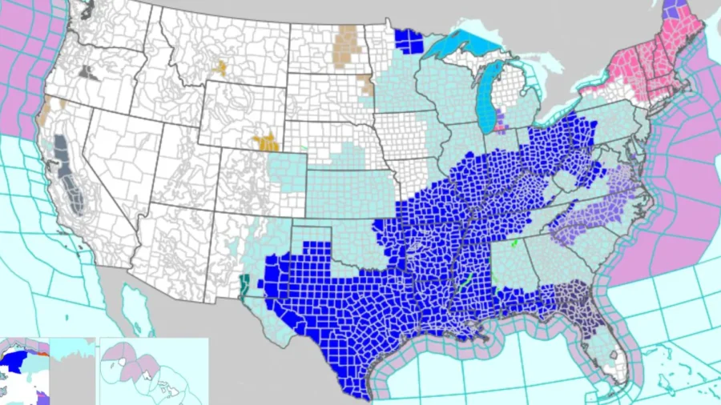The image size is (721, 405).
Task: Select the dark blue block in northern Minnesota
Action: pos(409,41)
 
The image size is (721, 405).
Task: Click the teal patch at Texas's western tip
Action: pos(244,284)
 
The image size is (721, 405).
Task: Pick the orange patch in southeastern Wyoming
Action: pos(266,142)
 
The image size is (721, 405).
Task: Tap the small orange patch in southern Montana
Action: pos(219,69)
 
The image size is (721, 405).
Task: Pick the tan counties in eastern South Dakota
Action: pos(366,85)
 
